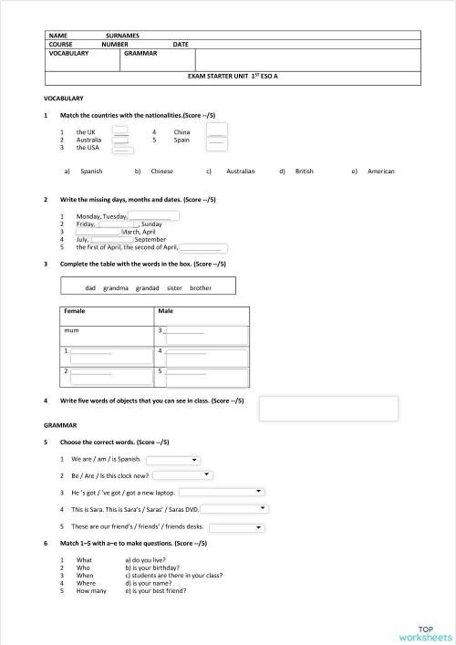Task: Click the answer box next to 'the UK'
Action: click(x=120, y=131)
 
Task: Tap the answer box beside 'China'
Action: click(x=216, y=131)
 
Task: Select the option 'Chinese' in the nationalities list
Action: click(x=161, y=171)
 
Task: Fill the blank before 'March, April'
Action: click(x=91, y=232)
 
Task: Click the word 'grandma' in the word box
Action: click(x=116, y=287)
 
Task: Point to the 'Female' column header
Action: click(x=75, y=311)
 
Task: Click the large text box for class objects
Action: click(x=328, y=408)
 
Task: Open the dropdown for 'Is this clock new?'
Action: click(x=183, y=475)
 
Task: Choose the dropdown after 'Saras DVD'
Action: click(x=233, y=509)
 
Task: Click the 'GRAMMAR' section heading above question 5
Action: click(x=60, y=425)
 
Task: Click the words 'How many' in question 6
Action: click(x=91, y=591)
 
